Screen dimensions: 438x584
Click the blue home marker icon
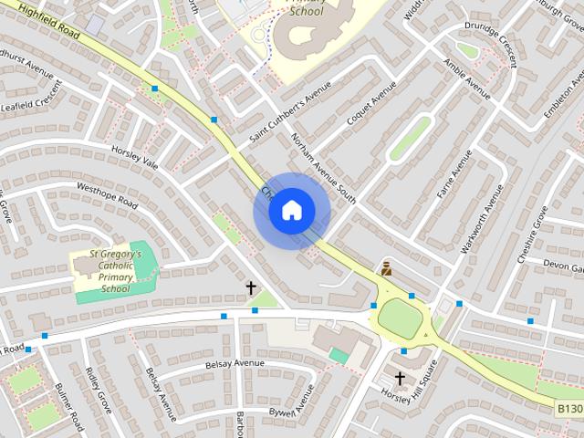pyautogui.click(x=291, y=211)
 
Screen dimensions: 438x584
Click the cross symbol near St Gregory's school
pyautogui.click(x=251, y=288)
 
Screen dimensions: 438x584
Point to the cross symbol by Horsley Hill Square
pyautogui.click(x=399, y=378)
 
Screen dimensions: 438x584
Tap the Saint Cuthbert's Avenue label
pyautogui.click(x=290, y=117)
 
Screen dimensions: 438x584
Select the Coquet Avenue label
pyautogui.click(x=371, y=104)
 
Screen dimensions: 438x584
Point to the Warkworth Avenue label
pyautogui.click(x=481, y=218)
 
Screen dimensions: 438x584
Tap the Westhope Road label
pyautogui.click(x=107, y=195)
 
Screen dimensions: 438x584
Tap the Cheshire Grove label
pyautogui.click(x=533, y=235)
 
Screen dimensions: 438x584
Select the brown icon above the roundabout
pyautogui.click(x=386, y=267)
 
